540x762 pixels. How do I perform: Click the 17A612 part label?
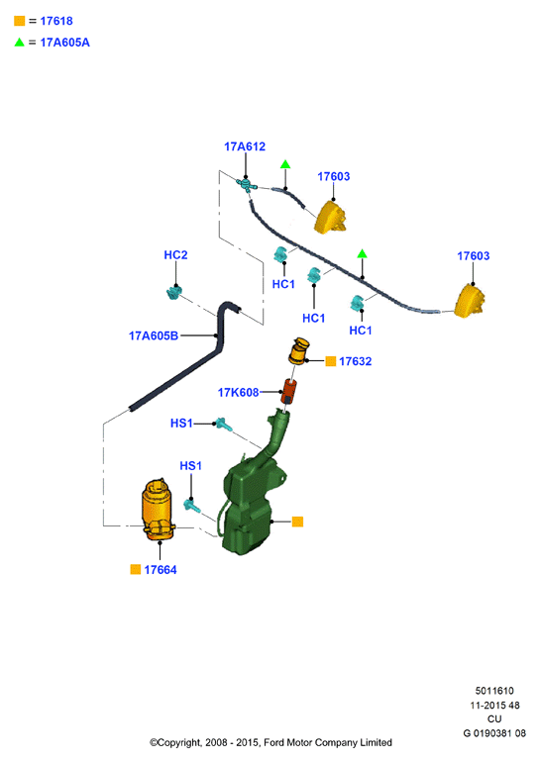244,146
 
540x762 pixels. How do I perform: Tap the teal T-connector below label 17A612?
246,184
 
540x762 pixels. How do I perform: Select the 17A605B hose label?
154,335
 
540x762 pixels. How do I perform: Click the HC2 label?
175,254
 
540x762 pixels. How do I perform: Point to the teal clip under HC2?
173,293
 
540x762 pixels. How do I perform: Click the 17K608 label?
239,392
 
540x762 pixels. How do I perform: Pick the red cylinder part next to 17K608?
288,391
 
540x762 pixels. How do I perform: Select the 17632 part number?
355,361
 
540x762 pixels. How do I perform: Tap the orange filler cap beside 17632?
298,351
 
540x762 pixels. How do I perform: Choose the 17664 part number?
161,570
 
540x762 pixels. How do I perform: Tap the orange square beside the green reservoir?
297,522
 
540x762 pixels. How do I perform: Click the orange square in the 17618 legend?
20,21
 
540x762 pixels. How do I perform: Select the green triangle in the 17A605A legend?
20,43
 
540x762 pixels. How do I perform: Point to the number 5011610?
494,691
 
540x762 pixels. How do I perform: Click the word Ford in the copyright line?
273,742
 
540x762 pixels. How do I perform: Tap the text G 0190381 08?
494,733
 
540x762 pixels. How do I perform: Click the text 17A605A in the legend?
65,43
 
